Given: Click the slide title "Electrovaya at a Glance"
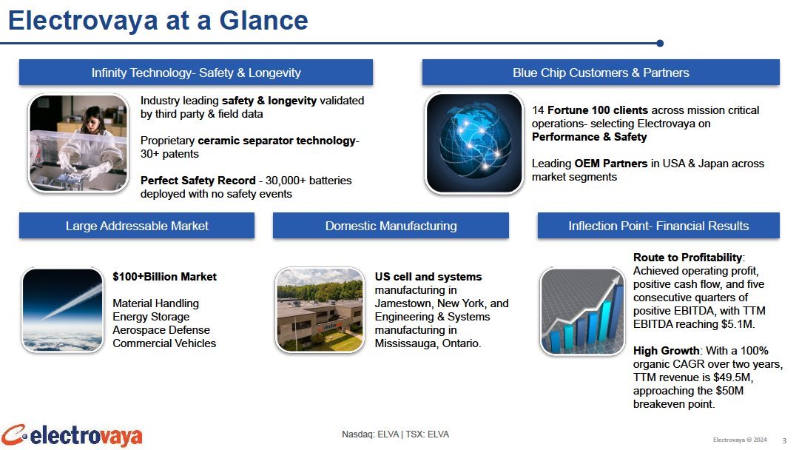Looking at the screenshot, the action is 158,21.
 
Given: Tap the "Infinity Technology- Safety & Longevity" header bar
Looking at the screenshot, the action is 196,73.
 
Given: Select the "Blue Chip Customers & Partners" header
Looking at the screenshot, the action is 601,73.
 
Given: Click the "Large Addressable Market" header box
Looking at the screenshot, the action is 137,226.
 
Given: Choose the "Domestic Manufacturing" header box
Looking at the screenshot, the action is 391,226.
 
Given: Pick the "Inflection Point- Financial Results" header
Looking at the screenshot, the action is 658,226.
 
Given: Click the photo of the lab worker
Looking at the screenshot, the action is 78,143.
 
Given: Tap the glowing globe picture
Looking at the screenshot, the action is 474,143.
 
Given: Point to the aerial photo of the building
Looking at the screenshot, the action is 320,310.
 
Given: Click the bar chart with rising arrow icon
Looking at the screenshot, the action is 582,312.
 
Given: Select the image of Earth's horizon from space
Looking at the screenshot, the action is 63,310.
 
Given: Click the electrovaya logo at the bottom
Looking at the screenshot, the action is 72,436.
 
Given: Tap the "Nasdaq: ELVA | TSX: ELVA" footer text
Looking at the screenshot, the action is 395,434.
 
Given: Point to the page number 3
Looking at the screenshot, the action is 784,440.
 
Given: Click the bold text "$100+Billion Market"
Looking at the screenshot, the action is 164,277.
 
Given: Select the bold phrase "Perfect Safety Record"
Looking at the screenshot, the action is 198,181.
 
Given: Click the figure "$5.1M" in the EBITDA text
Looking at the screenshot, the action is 738,324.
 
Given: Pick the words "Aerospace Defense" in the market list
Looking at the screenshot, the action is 161,329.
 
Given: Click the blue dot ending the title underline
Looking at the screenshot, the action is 660,44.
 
